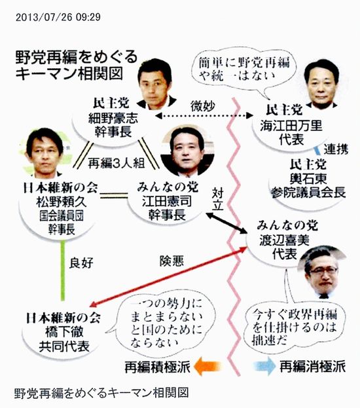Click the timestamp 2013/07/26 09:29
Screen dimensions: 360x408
pyautogui.click(x=58, y=18)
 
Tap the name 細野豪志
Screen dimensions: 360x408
pyautogui.click(x=113, y=119)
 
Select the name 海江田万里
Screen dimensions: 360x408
pyautogui.click(x=291, y=126)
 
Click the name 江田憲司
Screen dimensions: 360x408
pyautogui.click(x=167, y=201)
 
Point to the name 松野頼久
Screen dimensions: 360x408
pyautogui.click(x=62, y=202)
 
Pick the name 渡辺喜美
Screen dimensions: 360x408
pyautogui.click(x=284, y=240)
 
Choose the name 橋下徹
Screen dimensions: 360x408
pyautogui.click(x=64, y=332)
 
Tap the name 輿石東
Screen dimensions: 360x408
pyautogui.click(x=308, y=179)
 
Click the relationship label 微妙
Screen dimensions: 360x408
pyautogui.click(x=203, y=106)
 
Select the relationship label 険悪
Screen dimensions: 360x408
pyautogui.click(x=171, y=261)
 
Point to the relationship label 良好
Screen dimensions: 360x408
pyautogui.click(x=81, y=263)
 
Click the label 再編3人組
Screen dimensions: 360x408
pyautogui.click(x=117, y=164)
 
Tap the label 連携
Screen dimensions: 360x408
pyautogui.click(x=336, y=149)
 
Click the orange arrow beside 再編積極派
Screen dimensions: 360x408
pyautogui.click(x=207, y=366)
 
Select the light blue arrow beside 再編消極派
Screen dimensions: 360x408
pyautogui.click(x=264, y=366)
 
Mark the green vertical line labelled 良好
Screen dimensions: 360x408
pyautogui.click(x=62, y=270)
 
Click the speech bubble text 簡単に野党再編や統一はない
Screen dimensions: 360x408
pyautogui.click(x=244, y=69)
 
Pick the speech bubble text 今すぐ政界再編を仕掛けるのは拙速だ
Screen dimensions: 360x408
pyautogui.click(x=295, y=326)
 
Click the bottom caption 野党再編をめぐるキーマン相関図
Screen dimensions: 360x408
pyautogui.click(x=101, y=393)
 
